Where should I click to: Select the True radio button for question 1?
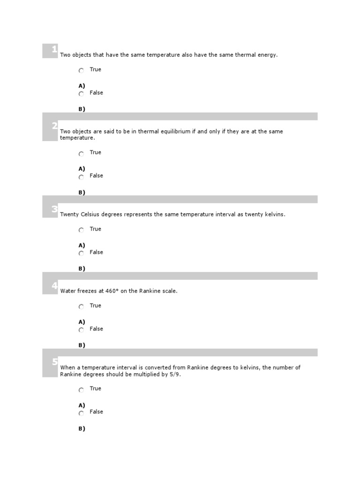point(81,70)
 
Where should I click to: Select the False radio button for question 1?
point(81,94)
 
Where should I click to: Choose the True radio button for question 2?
point(81,153)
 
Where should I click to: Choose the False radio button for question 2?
point(81,177)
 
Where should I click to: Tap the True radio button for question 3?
point(81,230)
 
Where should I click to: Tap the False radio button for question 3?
point(81,253)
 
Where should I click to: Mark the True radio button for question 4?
point(81,307)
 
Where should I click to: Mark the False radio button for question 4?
point(81,330)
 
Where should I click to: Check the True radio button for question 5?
point(81,390)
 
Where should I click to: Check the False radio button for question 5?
point(81,413)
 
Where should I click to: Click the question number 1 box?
point(50,51)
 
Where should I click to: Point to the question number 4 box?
point(50,286)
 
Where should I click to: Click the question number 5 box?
point(50,363)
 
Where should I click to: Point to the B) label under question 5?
point(82,428)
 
